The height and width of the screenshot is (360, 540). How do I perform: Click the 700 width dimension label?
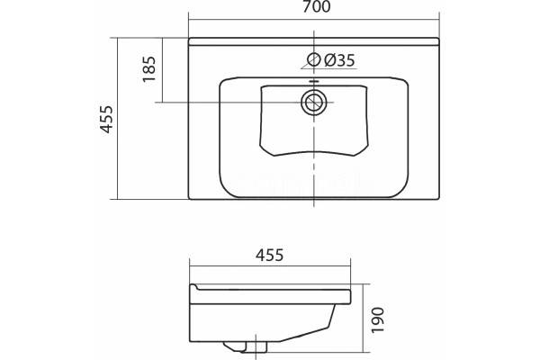pyautogui.click(x=317, y=6)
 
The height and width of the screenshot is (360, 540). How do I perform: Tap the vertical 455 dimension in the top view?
pyautogui.click(x=107, y=119)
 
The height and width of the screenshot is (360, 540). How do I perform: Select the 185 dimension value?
pyautogui.click(x=149, y=69)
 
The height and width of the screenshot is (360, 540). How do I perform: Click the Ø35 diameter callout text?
pyautogui.click(x=339, y=60)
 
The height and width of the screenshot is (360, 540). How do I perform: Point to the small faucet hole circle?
pyautogui.click(x=314, y=59)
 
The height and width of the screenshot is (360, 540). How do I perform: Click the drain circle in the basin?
pyautogui.click(x=313, y=102)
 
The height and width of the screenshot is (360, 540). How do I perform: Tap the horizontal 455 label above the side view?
pyautogui.click(x=270, y=256)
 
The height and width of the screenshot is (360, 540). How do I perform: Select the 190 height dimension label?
pyautogui.click(x=378, y=320)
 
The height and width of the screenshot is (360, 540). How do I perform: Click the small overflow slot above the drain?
pyautogui.click(x=313, y=82)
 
